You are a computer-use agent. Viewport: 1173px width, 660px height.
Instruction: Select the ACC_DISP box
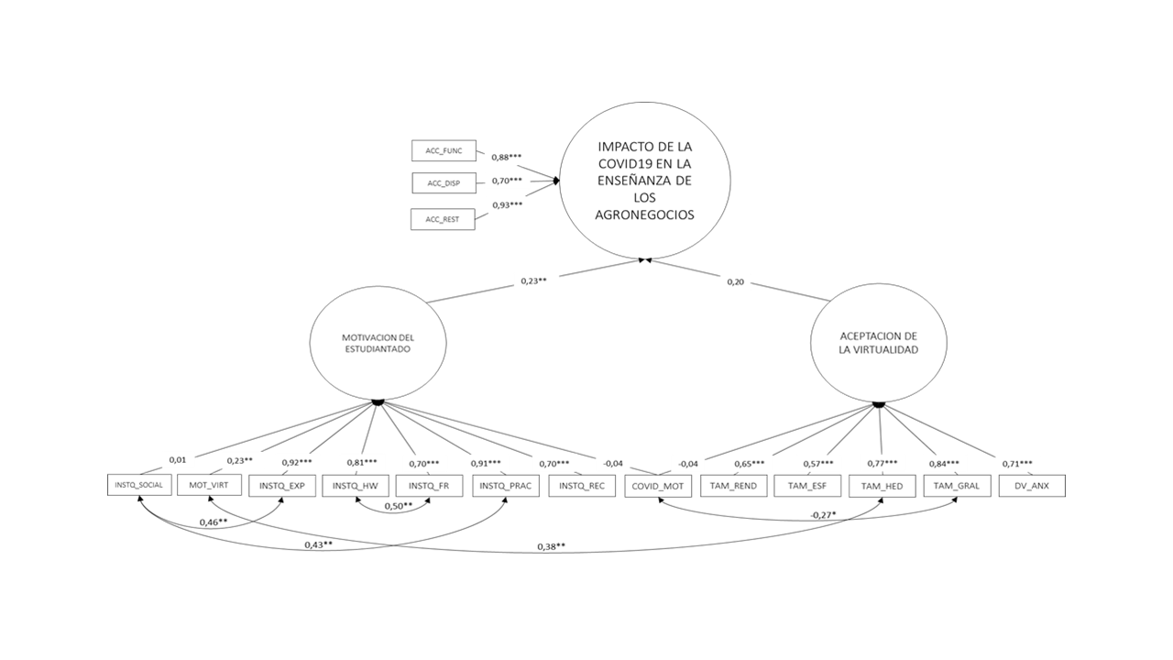click(444, 183)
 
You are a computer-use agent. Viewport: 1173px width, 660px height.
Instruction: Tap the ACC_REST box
click(444, 219)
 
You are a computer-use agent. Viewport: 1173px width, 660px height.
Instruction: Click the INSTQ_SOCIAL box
click(139, 484)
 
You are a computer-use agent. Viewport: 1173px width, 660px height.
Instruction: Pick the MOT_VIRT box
click(208, 485)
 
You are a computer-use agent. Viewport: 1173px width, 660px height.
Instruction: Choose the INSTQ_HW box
click(355, 485)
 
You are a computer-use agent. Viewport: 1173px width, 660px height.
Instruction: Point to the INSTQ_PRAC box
click(506, 485)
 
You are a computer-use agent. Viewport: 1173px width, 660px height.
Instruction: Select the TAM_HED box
click(882, 485)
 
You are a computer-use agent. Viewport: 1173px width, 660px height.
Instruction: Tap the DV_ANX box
click(1032, 485)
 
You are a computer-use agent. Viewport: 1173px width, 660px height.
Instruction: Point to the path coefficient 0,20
click(735, 281)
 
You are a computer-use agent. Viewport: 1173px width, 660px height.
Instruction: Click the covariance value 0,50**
click(398, 506)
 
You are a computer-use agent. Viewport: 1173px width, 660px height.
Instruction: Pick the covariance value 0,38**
click(551, 547)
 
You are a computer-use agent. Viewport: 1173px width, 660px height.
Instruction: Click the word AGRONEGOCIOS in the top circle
click(645, 215)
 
